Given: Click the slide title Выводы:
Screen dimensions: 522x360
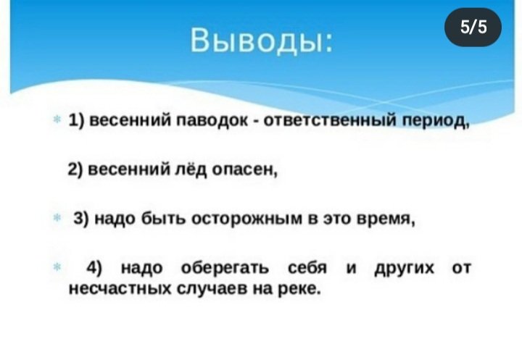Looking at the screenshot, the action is click(261, 40).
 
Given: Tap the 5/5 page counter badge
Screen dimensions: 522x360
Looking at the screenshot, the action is click(473, 27).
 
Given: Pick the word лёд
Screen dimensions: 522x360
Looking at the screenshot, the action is click(191, 169).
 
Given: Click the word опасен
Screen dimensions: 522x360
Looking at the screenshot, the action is click(244, 170).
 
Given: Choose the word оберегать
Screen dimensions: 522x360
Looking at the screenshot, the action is click(225, 268).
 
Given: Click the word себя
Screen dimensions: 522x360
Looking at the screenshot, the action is click(307, 267).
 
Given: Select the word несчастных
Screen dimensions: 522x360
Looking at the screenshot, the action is click(120, 288).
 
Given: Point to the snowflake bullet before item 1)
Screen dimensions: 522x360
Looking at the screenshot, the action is click(57, 119).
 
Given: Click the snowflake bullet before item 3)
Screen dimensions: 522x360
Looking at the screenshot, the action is click(57, 217).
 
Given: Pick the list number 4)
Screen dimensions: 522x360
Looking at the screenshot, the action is click(94, 268).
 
